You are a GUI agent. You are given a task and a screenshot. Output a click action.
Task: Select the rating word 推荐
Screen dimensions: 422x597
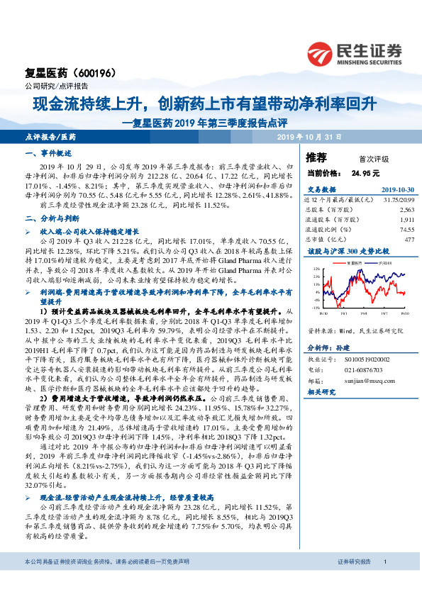(x=316, y=157)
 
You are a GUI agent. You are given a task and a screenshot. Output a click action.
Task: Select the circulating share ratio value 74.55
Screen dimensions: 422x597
(x=406, y=229)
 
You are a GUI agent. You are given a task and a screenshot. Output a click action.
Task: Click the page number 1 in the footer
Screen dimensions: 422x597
(x=384, y=581)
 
